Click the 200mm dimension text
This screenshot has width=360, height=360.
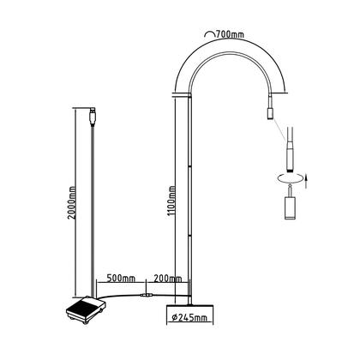pos(167,279)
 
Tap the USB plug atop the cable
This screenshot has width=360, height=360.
pos(92,113)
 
